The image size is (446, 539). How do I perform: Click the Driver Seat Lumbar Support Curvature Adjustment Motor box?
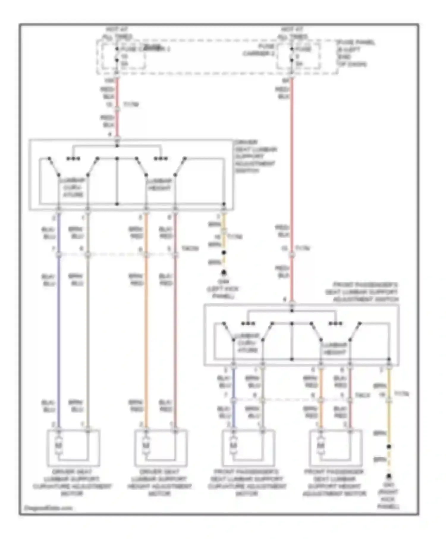pyautogui.click(x=73, y=448)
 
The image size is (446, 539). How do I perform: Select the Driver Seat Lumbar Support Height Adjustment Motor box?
pyautogui.click(x=161, y=448)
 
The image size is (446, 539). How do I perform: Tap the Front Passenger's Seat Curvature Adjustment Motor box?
pyautogui.click(x=248, y=448)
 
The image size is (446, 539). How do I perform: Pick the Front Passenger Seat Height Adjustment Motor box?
pyautogui.click(x=336, y=448)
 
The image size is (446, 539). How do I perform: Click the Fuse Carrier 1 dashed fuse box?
pyautogui.click(x=124, y=56)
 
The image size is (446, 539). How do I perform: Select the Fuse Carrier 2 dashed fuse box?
pyautogui.click(x=299, y=56)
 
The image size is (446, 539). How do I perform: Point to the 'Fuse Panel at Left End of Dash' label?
pyautogui.click(x=355, y=53)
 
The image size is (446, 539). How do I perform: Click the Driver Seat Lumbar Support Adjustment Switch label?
pyautogui.click(x=256, y=156)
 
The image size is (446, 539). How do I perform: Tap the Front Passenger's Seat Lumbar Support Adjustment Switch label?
pyautogui.click(x=362, y=292)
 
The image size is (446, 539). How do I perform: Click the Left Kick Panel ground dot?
pyautogui.click(x=224, y=272)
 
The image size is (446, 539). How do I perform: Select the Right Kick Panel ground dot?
pyautogui.click(x=389, y=476)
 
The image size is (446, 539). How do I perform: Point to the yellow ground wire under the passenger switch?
pyautogui.click(x=389, y=422)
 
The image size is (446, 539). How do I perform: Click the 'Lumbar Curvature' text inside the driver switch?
pyautogui.click(x=73, y=187)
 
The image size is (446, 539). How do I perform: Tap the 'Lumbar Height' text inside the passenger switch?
pyautogui.click(x=334, y=349)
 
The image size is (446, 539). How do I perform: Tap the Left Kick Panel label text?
pyautogui.click(x=223, y=289)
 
